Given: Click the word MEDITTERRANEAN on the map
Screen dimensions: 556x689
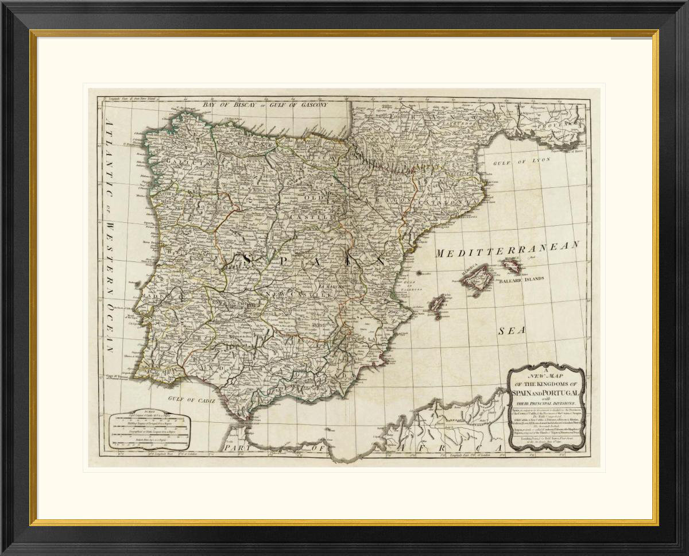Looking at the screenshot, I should (x=508, y=250).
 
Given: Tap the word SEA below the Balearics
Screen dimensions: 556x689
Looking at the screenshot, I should (x=509, y=331).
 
